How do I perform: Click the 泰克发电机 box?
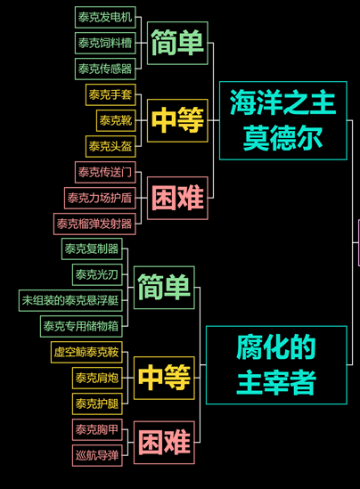(105, 17)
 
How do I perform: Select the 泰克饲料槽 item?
(105, 43)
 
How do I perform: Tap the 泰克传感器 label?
(105, 69)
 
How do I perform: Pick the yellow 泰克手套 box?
(110, 94)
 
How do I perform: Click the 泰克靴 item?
(116, 120)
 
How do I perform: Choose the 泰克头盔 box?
(110, 147)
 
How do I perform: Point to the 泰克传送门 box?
(105, 172)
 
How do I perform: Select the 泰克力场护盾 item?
(100, 198)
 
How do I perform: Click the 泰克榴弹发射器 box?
(94, 224)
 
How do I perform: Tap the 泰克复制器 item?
(92, 249)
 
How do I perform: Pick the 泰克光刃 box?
(97, 274)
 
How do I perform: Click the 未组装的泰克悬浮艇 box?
(70, 301)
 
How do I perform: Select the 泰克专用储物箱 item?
(81, 327)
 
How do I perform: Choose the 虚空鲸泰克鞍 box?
(86, 353)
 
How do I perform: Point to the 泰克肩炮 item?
(97, 379)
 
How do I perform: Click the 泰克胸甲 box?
(97, 429)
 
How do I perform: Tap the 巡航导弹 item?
(97, 456)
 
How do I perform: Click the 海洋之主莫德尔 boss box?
(283, 120)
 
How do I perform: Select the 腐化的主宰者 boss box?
(276, 365)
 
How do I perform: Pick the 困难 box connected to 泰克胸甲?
(164, 443)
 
